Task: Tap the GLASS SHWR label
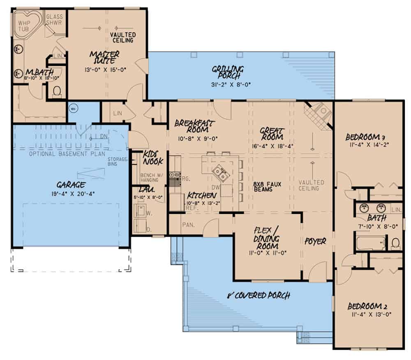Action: coord(54,20)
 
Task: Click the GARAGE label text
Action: coord(71,185)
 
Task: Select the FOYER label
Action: coord(315,242)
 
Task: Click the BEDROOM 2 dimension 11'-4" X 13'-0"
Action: coord(369,314)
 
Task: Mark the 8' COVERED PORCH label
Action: coord(259,295)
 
